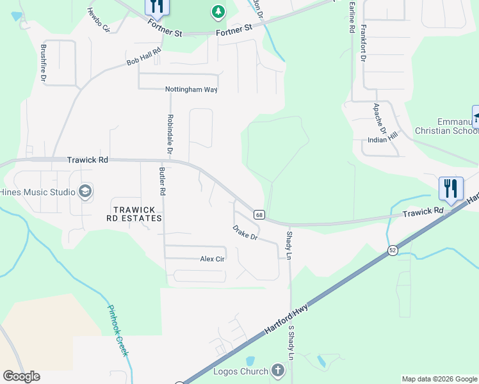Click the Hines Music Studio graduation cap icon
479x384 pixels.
(85, 191)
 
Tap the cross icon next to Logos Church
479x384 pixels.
(277, 371)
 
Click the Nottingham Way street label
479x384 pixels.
(191, 90)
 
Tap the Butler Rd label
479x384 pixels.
(163, 181)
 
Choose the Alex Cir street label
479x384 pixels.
(211, 259)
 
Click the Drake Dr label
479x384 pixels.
(245, 233)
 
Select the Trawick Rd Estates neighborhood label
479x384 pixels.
(135, 214)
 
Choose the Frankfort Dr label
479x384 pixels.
(362, 43)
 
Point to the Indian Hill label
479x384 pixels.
(383, 140)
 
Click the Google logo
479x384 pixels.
(21, 376)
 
